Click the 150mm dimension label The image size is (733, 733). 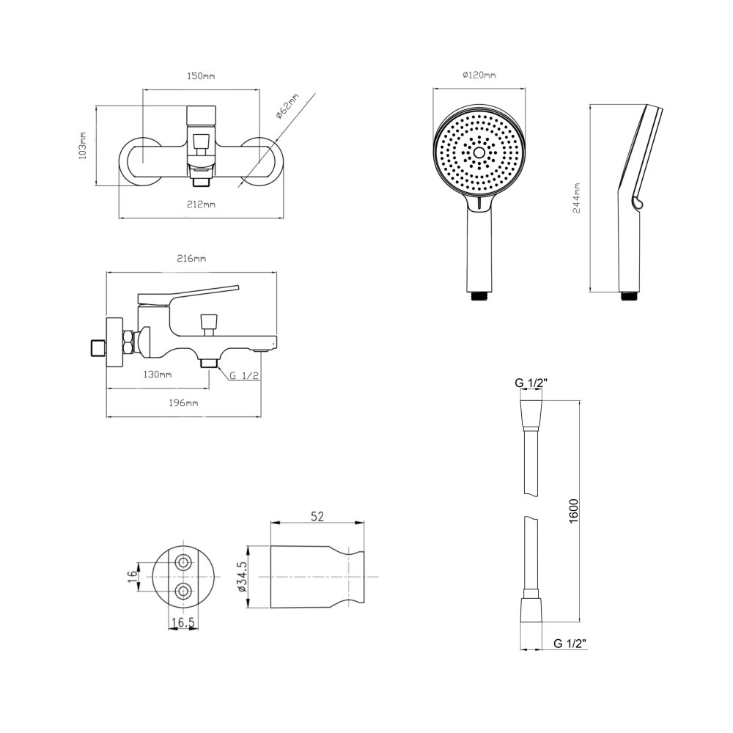click(201, 75)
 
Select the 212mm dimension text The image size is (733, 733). click(201, 205)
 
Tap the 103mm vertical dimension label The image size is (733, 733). click(83, 145)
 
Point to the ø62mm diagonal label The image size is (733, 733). click(287, 107)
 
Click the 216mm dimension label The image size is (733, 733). click(191, 259)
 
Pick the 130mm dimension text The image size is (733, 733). click(157, 375)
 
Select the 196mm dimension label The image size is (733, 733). click(183, 402)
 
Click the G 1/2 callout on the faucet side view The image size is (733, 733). click(244, 375)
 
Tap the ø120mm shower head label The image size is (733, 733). click(479, 75)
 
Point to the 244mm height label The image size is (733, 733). click(577, 198)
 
